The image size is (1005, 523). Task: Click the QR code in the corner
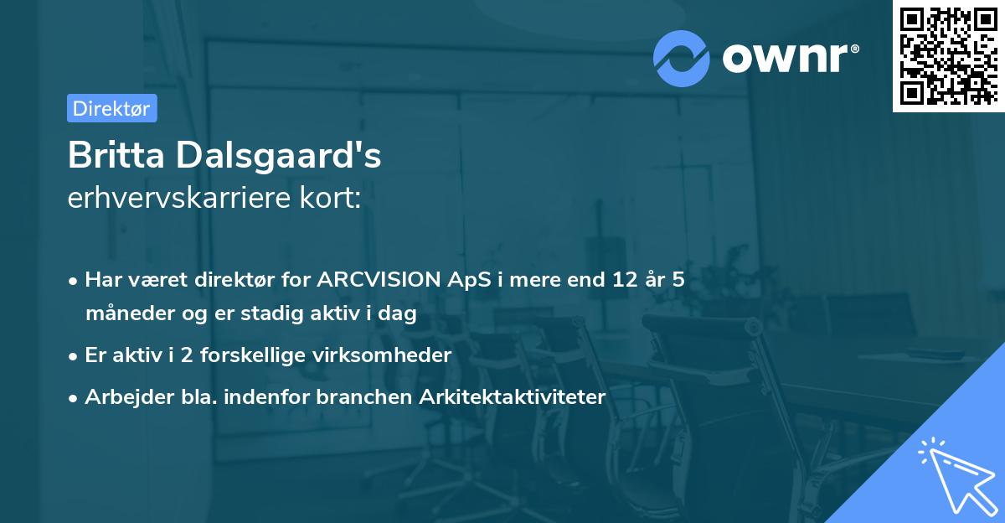coord(948,56)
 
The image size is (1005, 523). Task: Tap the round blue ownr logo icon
coord(682,58)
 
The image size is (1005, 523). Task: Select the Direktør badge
coord(111,108)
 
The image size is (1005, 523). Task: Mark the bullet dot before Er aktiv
coord(74,355)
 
